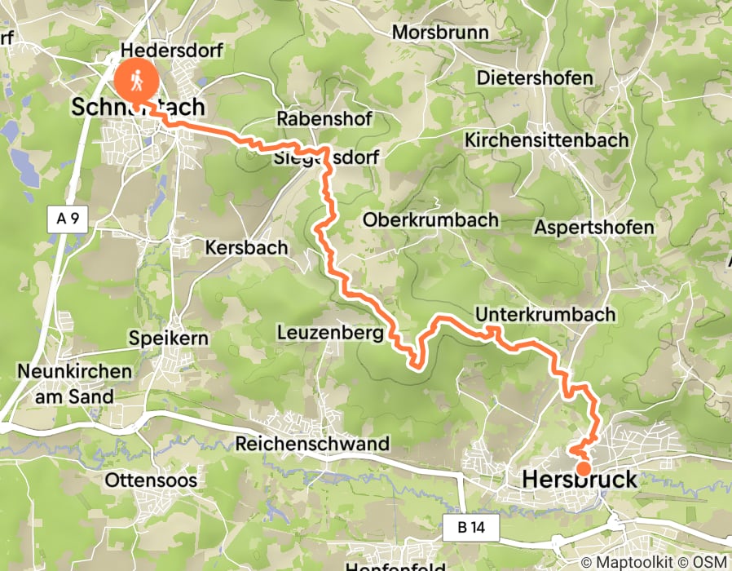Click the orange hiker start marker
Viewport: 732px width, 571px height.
[x=136, y=80]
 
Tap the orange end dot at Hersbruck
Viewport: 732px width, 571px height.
[x=584, y=468]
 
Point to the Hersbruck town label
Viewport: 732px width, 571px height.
[x=579, y=481]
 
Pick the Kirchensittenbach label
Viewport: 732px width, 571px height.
[x=546, y=140]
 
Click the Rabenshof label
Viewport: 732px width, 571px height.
[x=324, y=119]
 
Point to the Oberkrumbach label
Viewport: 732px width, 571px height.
[x=430, y=220]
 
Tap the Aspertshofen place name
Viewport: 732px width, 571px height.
[x=594, y=228]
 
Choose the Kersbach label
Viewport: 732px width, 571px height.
[x=247, y=247]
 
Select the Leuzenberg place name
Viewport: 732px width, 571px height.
[x=330, y=333]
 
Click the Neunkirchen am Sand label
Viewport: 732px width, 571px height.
[x=74, y=383]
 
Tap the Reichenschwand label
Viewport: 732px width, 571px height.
[x=312, y=444]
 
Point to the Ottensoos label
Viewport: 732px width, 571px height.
[x=151, y=480]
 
